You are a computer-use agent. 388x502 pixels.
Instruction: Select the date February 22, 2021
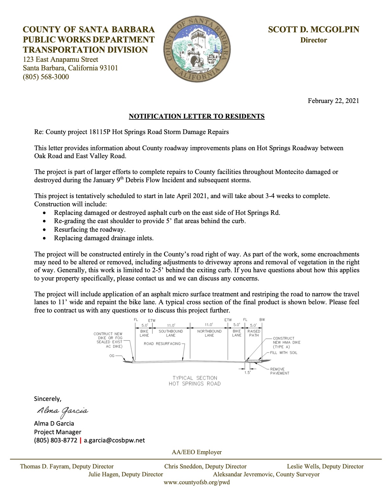point(333,101)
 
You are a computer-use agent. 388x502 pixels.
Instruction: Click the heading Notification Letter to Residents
point(197,116)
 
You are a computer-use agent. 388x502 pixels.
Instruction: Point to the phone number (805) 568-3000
point(46,77)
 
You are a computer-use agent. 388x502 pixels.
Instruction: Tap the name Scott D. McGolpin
point(314,29)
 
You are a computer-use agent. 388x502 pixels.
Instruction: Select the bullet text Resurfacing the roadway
point(90,229)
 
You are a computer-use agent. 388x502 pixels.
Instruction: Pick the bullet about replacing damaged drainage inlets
point(104,238)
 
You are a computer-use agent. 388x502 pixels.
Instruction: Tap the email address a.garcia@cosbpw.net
point(114,440)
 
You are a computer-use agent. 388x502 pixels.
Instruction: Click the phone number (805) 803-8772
point(56,440)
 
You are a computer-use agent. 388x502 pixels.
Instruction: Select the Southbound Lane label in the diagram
point(171,333)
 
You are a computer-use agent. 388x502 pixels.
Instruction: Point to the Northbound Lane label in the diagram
point(209,333)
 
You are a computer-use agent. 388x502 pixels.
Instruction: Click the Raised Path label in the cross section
point(254,333)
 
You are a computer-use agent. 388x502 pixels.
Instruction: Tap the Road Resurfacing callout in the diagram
point(162,344)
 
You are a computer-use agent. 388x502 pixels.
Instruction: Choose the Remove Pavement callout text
point(280,371)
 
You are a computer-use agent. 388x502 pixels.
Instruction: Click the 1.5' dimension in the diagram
point(247,373)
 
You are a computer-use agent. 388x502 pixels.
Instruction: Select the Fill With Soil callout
point(284,353)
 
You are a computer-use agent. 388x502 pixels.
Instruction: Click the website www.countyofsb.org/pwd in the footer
point(197,482)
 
